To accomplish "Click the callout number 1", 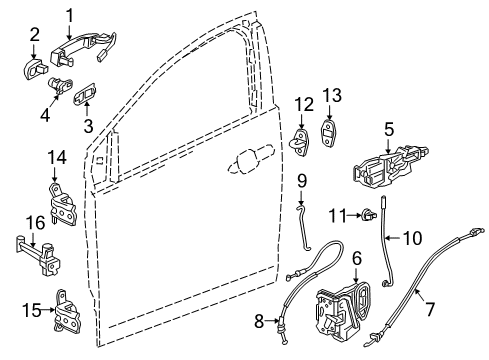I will tap(71, 14).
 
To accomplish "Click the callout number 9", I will tap(300, 181).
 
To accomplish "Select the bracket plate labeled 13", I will tap(332, 132).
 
